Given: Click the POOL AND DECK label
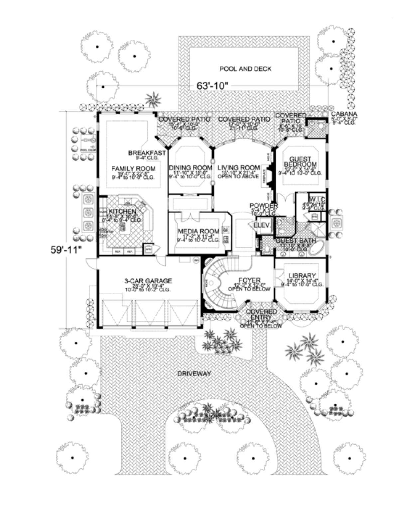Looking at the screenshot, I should [245, 69].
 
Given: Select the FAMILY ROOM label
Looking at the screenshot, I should [133, 169].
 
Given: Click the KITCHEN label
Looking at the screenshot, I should [122, 211].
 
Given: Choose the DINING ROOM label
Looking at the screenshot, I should [190, 168].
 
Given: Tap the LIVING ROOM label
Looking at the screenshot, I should [238, 168].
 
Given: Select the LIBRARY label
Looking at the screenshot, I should [302, 275].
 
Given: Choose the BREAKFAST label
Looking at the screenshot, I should [147, 153].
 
